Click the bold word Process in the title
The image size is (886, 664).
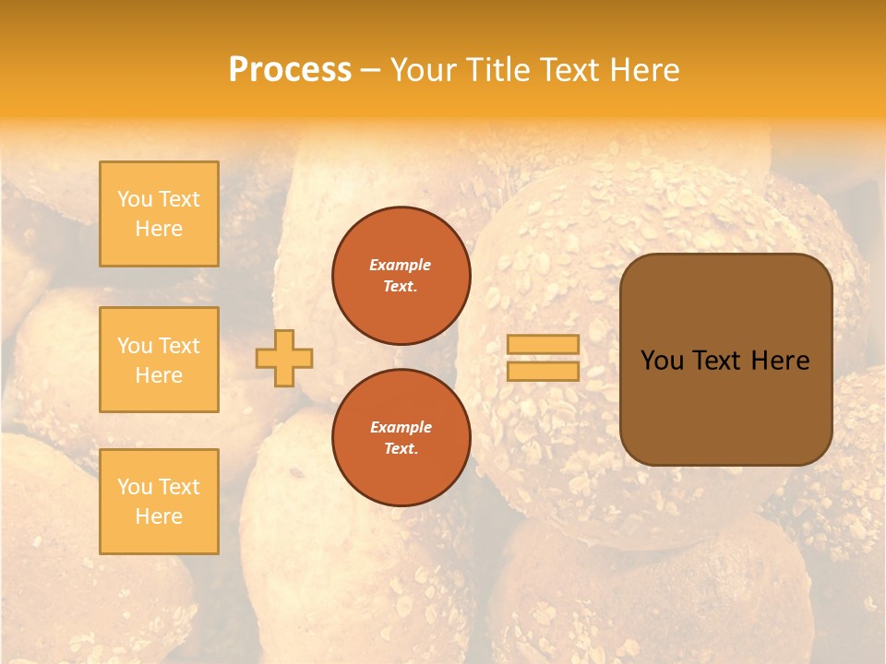click(290, 70)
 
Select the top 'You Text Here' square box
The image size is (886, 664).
click(159, 214)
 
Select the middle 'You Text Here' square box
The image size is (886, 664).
click(159, 360)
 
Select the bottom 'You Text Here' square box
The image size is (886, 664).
click(159, 501)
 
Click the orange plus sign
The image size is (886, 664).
click(284, 358)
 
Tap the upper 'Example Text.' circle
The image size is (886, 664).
click(401, 276)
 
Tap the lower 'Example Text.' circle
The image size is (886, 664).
click(401, 438)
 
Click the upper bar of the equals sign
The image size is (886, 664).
click(543, 345)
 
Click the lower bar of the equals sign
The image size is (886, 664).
click(543, 371)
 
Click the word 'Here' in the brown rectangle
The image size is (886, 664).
click(780, 361)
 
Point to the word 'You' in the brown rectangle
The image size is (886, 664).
click(662, 361)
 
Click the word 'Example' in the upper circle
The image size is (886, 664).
click(401, 266)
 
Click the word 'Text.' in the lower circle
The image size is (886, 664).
click(401, 449)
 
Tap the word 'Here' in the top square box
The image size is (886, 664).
click(159, 229)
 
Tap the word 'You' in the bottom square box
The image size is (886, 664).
click(135, 487)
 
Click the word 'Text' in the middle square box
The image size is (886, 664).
click(179, 346)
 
